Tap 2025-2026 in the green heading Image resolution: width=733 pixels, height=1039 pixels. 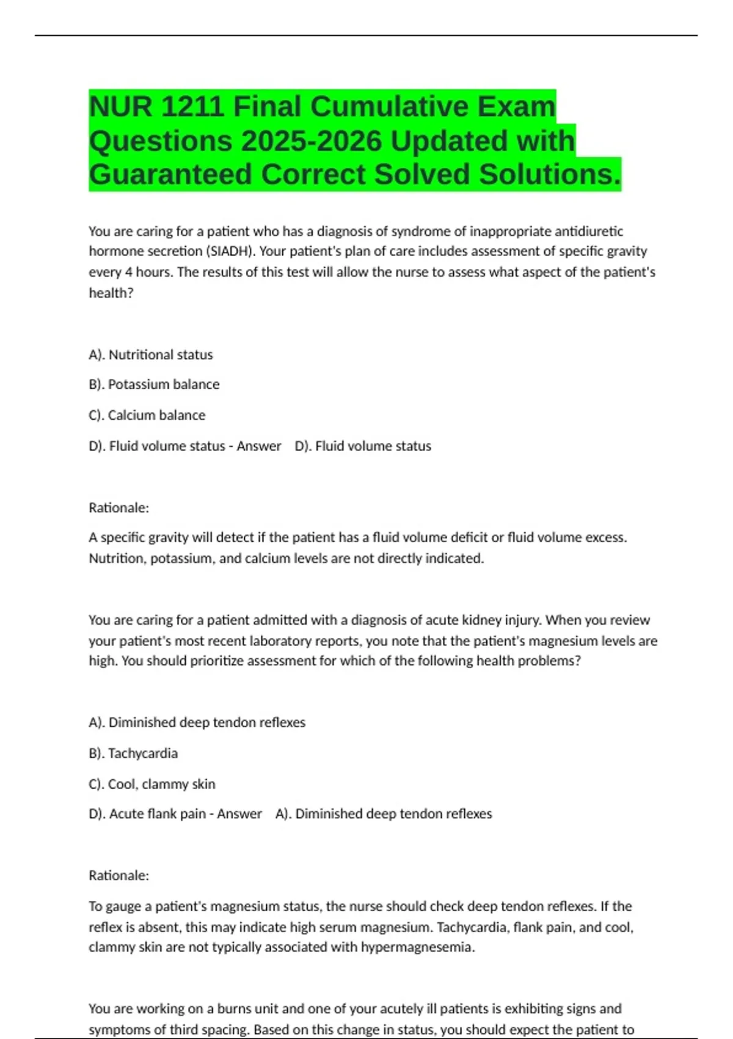click(312, 141)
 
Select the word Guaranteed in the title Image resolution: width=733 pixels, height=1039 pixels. click(170, 174)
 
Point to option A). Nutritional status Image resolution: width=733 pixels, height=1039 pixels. click(151, 354)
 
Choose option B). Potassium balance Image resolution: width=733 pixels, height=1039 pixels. click(154, 384)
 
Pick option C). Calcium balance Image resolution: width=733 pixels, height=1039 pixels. click(147, 415)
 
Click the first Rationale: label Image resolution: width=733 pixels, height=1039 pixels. click(119, 508)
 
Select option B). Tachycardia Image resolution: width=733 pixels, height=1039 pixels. click(133, 753)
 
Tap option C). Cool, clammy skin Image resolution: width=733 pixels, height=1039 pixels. click(152, 784)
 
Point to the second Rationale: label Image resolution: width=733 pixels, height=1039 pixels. click(119, 875)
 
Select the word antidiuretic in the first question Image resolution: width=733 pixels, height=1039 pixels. click(589, 231)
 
